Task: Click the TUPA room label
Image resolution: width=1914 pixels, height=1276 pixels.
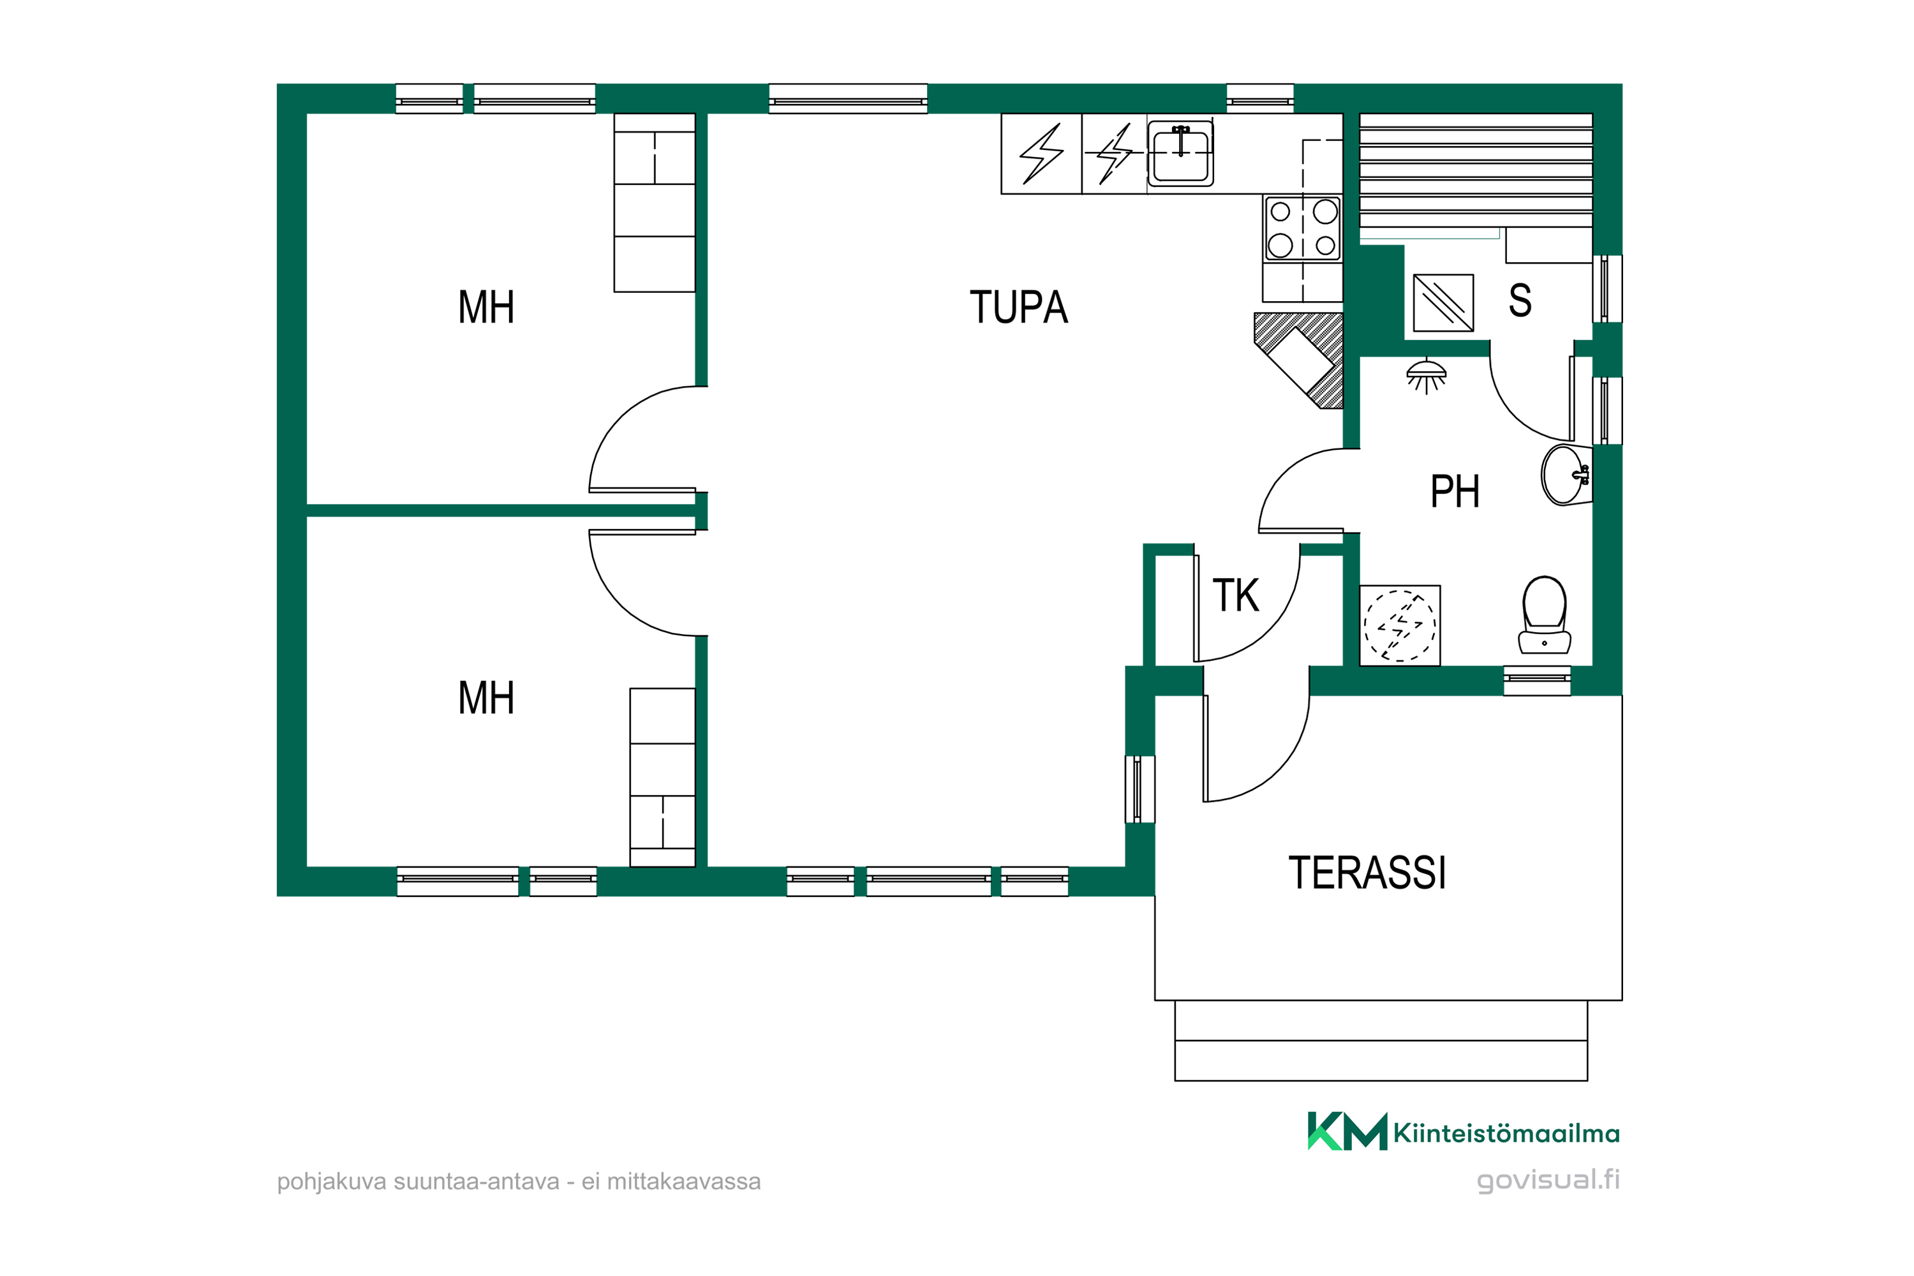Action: [1018, 307]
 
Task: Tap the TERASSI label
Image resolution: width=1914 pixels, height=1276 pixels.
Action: [1367, 873]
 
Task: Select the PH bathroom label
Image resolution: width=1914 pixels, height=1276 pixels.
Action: [1455, 491]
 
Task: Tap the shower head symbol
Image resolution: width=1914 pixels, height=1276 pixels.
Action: [1427, 376]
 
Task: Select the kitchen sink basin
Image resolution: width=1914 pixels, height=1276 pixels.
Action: [1181, 154]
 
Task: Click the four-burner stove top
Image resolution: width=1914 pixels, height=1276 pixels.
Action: [1303, 228]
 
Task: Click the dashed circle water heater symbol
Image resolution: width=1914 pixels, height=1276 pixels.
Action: [1400, 626]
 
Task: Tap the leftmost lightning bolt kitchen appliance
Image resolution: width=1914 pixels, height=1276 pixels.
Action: [1042, 154]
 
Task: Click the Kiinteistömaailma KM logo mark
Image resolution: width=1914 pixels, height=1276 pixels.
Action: [1347, 1131]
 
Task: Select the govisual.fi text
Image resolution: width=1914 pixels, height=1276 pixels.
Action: [1548, 1180]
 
